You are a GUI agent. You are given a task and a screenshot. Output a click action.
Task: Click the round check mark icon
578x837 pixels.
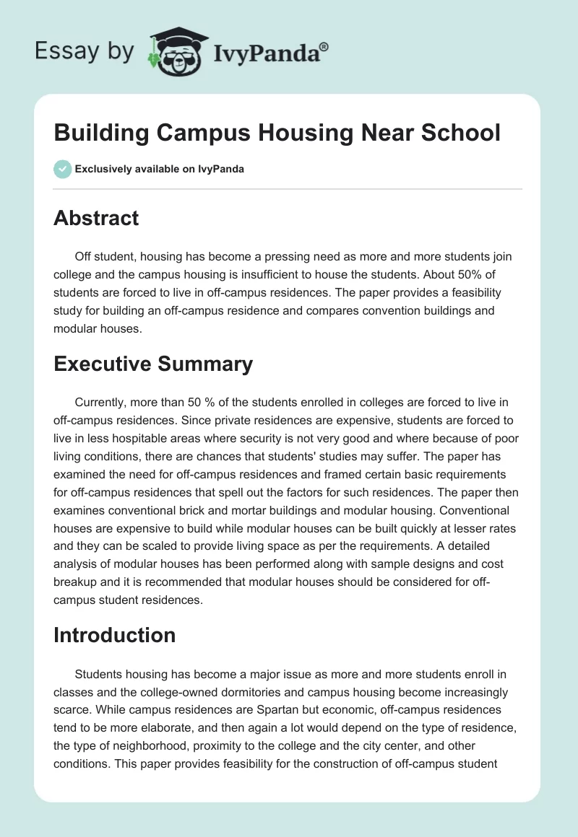[62, 169]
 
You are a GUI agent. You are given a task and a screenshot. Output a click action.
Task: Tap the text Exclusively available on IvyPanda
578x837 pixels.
[160, 170]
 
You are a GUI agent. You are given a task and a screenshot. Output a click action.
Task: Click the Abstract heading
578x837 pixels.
[96, 218]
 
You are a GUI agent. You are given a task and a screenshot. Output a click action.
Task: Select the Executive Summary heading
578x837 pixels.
[153, 364]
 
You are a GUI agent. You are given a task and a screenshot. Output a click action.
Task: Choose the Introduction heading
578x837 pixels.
[114, 635]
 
